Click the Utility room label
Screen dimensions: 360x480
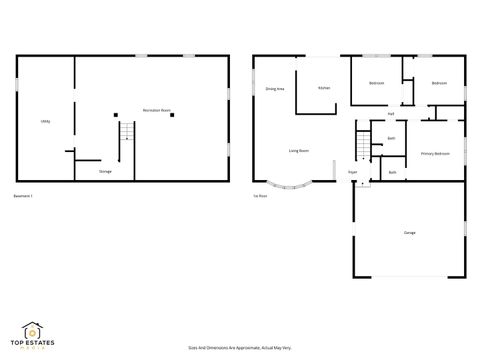pyautogui.click(x=46, y=121)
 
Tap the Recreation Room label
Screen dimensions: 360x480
pyautogui.click(x=157, y=109)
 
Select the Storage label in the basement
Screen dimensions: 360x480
pyautogui.click(x=105, y=172)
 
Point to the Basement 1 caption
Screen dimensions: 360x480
pyautogui.click(x=24, y=195)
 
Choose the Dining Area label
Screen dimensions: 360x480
pyautogui.click(x=275, y=89)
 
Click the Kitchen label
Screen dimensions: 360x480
pyautogui.click(x=324, y=88)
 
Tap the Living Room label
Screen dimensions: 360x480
pyautogui.click(x=298, y=151)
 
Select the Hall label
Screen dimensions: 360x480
pyautogui.click(x=390, y=114)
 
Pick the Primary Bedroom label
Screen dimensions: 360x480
pyautogui.click(x=435, y=153)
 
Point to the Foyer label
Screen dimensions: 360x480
pyautogui.click(x=353, y=172)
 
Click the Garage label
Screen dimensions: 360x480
pyautogui.click(x=410, y=233)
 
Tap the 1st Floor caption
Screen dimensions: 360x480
pyautogui.click(x=260, y=195)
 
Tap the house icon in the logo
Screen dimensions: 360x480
pyautogui.click(x=33, y=328)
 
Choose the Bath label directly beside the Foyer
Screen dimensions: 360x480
pyautogui.click(x=392, y=172)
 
